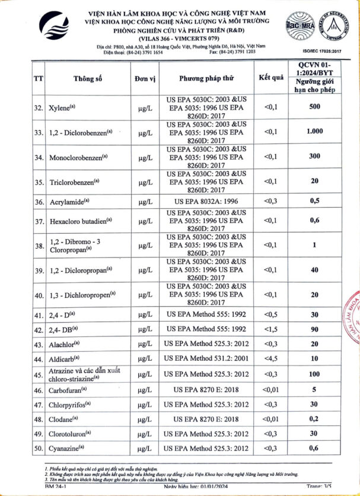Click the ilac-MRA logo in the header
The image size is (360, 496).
(x=298, y=26)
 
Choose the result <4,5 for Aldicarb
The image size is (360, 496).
(x=270, y=359)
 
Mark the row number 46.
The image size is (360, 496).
(x=39, y=390)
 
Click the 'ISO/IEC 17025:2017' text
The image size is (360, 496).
(x=323, y=52)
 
